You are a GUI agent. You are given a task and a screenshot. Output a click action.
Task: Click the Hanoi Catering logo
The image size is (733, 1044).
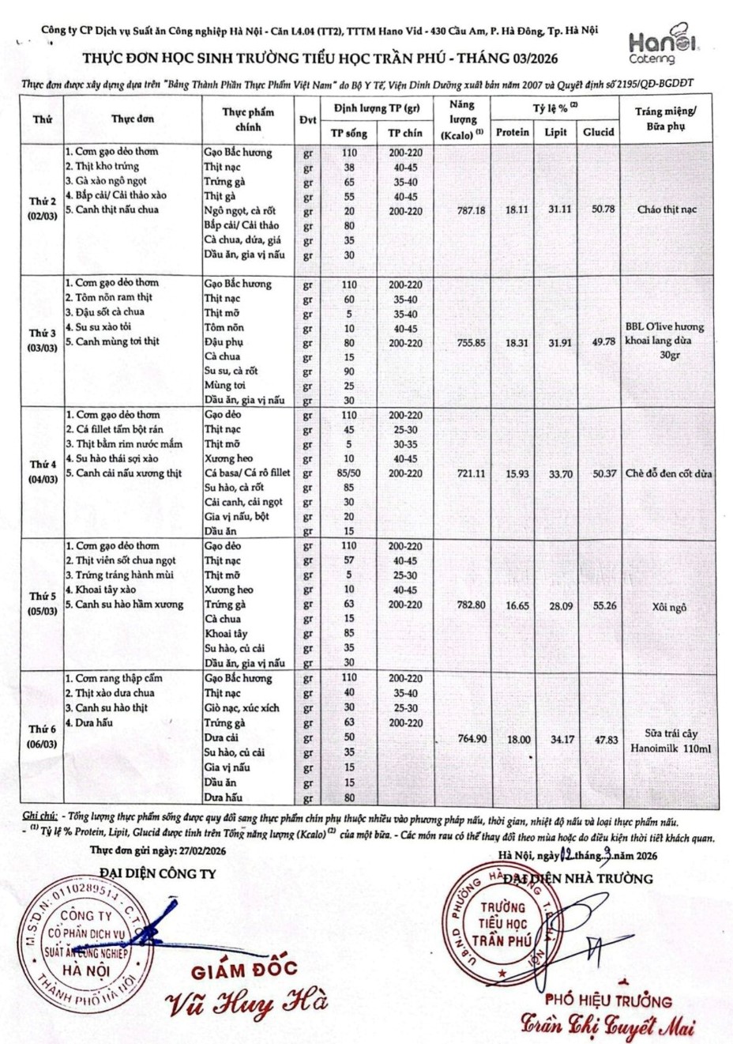pyautogui.click(x=653, y=47)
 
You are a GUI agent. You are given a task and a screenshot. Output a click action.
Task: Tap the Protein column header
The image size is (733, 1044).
pyautogui.click(x=513, y=132)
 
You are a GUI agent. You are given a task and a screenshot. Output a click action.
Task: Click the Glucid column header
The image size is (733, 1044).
pyautogui.click(x=598, y=132)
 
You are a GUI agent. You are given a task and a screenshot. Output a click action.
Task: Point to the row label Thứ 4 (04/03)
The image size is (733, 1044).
pyautogui.click(x=43, y=472)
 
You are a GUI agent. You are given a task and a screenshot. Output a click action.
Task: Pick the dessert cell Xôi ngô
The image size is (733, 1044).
pyautogui.click(x=669, y=607)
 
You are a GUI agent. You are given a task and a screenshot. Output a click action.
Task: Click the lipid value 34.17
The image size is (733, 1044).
pyautogui.click(x=555, y=739)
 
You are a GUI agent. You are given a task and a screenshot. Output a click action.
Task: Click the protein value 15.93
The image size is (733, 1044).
pyautogui.click(x=513, y=473)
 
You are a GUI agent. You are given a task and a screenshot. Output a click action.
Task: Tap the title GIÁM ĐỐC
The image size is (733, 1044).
pyautogui.click(x=244, y=969)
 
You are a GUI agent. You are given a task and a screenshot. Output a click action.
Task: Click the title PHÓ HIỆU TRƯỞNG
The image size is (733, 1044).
pyautogui.click(x=608, y=1001)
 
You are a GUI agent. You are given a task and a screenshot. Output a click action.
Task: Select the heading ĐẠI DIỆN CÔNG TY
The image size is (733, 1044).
pyautogui.click(x=157, y=873)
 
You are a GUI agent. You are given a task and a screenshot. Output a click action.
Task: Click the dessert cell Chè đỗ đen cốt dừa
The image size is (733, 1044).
pyautogui.click(x=668, y=473)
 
